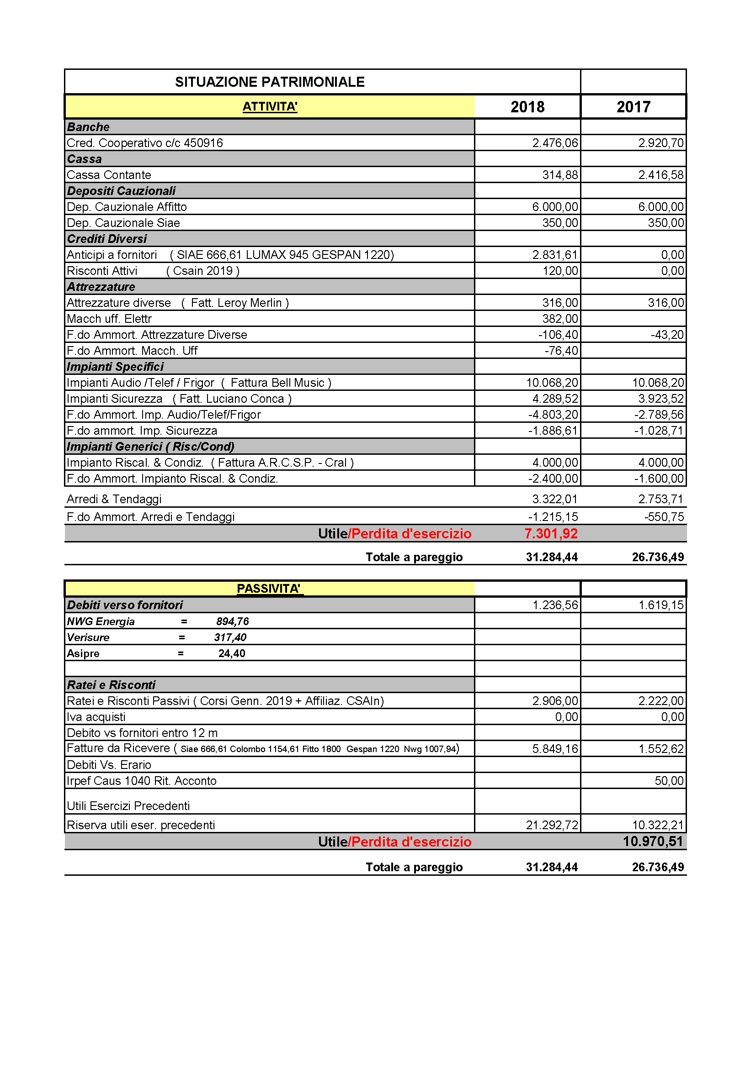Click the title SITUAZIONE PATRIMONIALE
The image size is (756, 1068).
pyautogui.click(x=270, y=82)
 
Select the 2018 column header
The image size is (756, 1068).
pyautogui.click(x=527, y=107)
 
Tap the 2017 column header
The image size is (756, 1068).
pyautogui.click(x=633, y=107)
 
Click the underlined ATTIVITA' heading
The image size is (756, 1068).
pyautogui.click(x=270, y=106)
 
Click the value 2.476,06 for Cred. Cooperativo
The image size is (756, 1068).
pyautogui.click(x=555, y=143)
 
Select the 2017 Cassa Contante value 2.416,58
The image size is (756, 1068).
pyautogui.click(x=660, y=175)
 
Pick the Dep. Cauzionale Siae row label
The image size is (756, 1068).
pyautogui.click(x=123, y=223)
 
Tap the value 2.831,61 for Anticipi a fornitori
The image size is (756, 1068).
pyautogui.click(x=555, y=255)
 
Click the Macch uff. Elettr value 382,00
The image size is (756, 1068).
pyautogui.click(x=560, y=319)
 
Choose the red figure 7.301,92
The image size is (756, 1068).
pyautogui.click(x=551, y=533)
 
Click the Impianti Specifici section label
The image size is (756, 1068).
pyautogui.click(x=115, y=367)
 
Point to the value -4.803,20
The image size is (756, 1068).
pyautogui.click(x=553, y=415)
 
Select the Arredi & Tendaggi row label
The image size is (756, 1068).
pyautogui.click(x=114, y=499)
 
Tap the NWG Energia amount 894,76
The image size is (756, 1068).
pyautogui.click(x=232, y=621)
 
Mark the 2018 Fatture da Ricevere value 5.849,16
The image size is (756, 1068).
pyautogui.click(x=555, y=749)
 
